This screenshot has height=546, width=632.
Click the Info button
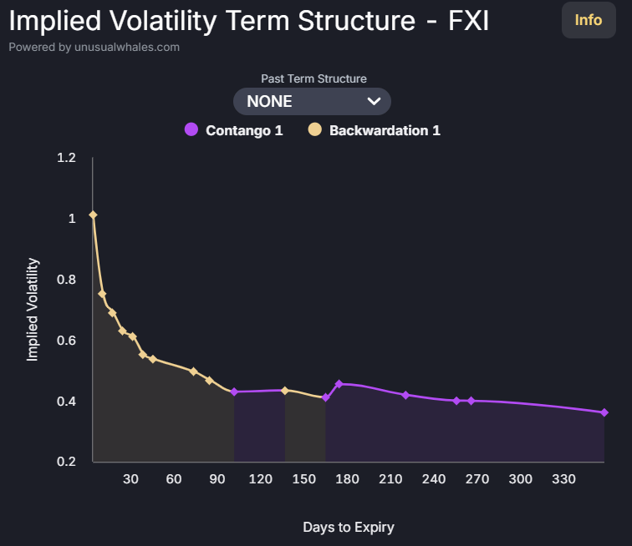[x=588, y=20]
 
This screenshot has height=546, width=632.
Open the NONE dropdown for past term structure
[x=312, y=102]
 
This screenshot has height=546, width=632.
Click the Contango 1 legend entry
[x=234, y=130]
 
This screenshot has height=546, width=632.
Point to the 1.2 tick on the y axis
[x=66, y=158]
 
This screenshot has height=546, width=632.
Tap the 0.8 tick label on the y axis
[x=66, y=280]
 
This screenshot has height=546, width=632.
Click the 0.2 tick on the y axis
[x=66, y=462]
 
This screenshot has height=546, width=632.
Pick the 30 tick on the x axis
[x=130, y=479]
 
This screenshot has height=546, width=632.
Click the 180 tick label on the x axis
[x=347, y=479]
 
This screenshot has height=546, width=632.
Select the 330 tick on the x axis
[x=563, y=479]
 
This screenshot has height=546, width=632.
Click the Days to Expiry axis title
[x=348, y=527]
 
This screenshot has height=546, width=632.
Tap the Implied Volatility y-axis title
[x=33, y=310]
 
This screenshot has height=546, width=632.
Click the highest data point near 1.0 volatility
[x=93, y=215]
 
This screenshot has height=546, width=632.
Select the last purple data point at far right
[x=604, y=412]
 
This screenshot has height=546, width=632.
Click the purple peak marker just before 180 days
[x=339, y=384]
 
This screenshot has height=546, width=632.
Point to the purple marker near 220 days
[x=405, y=395]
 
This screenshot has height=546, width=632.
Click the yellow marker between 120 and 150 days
[x=285, y=391]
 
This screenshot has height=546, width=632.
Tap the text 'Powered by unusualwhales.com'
[x=94, y=48]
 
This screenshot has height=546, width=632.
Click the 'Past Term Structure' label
[x=313, y=78]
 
